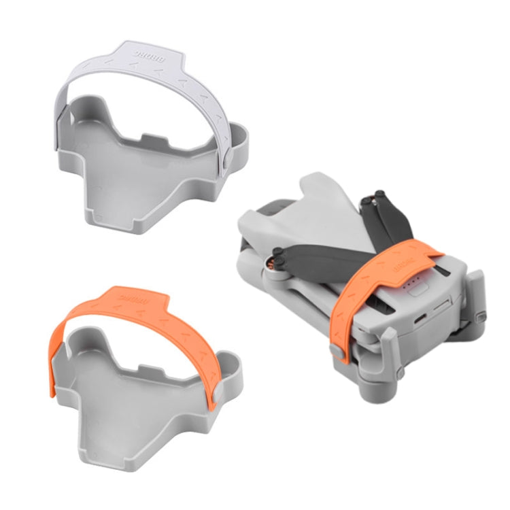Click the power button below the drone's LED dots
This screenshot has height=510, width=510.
[x=416, y=300]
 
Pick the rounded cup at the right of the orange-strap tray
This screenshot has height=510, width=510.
[x=231, y=371]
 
